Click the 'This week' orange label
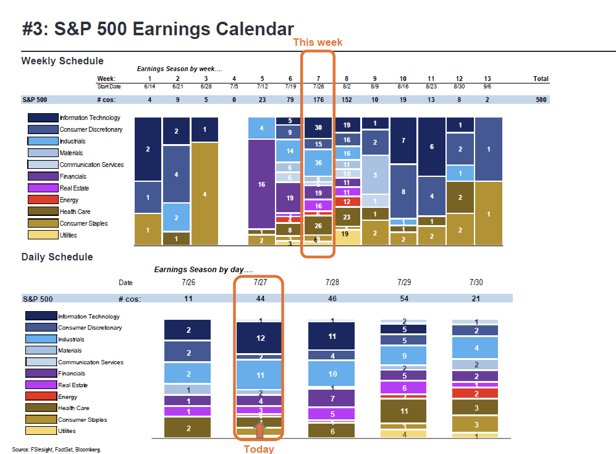click(x=318, y=42)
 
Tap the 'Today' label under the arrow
click(x=259, y=448)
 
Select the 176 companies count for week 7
click(x=318, y=99)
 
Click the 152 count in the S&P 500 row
click(x=347, y=99)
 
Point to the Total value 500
click(x=541, y=99)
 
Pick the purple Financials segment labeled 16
click(x=261, y=184)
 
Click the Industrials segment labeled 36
click(x=318, y=163)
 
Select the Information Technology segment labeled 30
click(x=318, y=127)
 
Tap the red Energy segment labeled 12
click(x=347, y=202)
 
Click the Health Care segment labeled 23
click(x=347, y=217)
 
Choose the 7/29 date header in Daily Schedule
click(x=404, y=282)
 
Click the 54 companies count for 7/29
click(x=404, y=299)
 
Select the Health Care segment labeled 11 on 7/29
click(x=404, y=411)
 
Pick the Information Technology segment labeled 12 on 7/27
click(x=260, y=338)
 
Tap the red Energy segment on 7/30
click(x=475, y=393)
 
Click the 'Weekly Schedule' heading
click(x=62, y=61)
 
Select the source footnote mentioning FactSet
click(x=56, y=449)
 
